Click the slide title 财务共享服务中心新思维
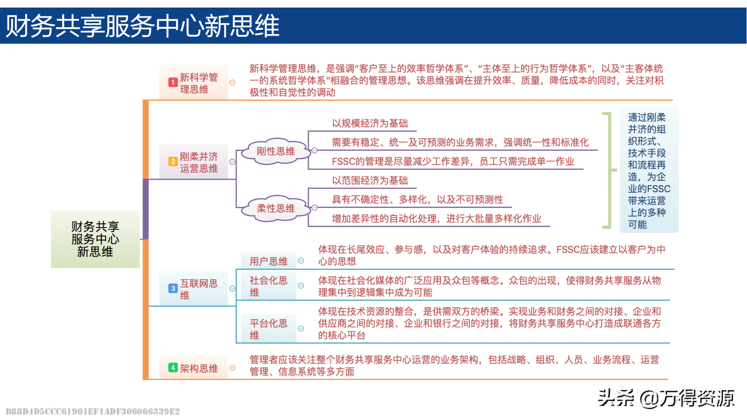(x=143, y=26)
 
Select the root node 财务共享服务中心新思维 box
(x=95, y=239)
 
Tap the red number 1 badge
(x=173, y=82)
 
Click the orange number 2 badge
(x=173, y=162)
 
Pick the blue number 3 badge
(x=173, y=288)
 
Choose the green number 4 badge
(x=173, y=367)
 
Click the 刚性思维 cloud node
(x=276, y=151)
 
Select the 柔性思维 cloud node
(x=276, y=208)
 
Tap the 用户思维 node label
(x=268, y=261)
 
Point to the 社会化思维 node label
(x=268, y=286)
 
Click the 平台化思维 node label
(x=268, y=329)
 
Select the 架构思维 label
(x=199, y=368)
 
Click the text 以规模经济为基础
(x=370, y=123)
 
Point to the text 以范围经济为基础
(x=370, y=181)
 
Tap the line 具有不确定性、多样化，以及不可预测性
(x=417, y=199)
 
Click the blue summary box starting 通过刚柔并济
(x=649, y=170)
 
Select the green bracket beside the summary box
(x=608, y=170)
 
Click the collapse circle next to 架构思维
(x=232, y=368)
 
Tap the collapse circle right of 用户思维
(x=301, y=261)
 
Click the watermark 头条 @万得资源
(x=666, y=398)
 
